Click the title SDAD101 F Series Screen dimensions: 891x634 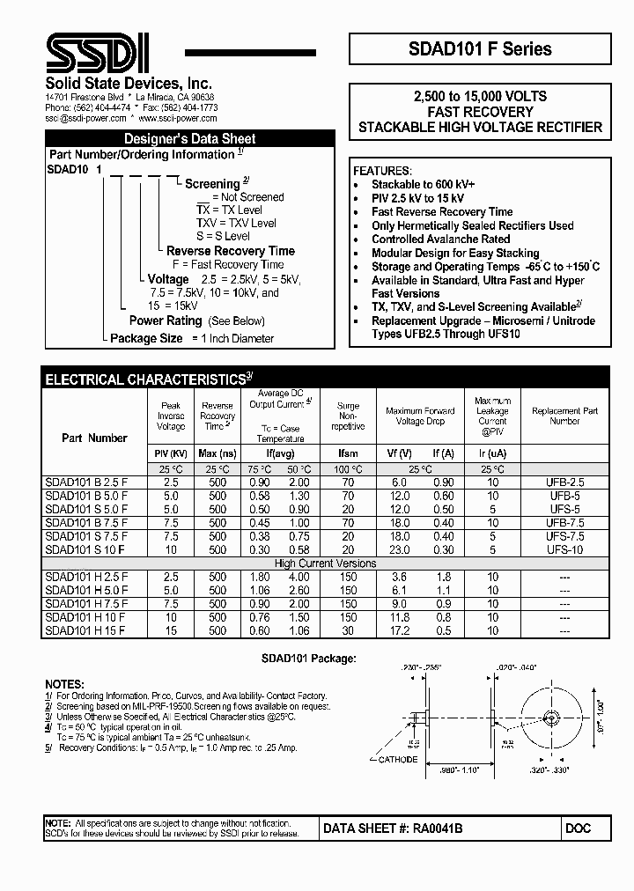[x=480, y=49]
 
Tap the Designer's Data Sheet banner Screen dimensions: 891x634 [x=189, y=138]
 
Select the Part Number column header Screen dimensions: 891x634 [x=94, y=438]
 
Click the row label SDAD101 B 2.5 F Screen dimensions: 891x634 [x=86, y=483]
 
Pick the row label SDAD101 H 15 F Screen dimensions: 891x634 [x=85, y=630]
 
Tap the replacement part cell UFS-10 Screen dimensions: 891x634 [x=564, y=549]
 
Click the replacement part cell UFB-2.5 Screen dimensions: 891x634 [x=564, y=483]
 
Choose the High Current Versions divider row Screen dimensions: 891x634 [x=325, y=563]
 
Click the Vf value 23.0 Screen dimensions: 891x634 [x=399, y=549]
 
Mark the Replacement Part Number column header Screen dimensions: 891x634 [x=564, y=416]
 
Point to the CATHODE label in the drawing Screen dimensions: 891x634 [x=398, y=757]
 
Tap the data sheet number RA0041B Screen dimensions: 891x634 [x=393, y=828]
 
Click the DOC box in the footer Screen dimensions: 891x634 [x=579, y=828]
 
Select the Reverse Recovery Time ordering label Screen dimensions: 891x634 [x=231, y=251]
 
